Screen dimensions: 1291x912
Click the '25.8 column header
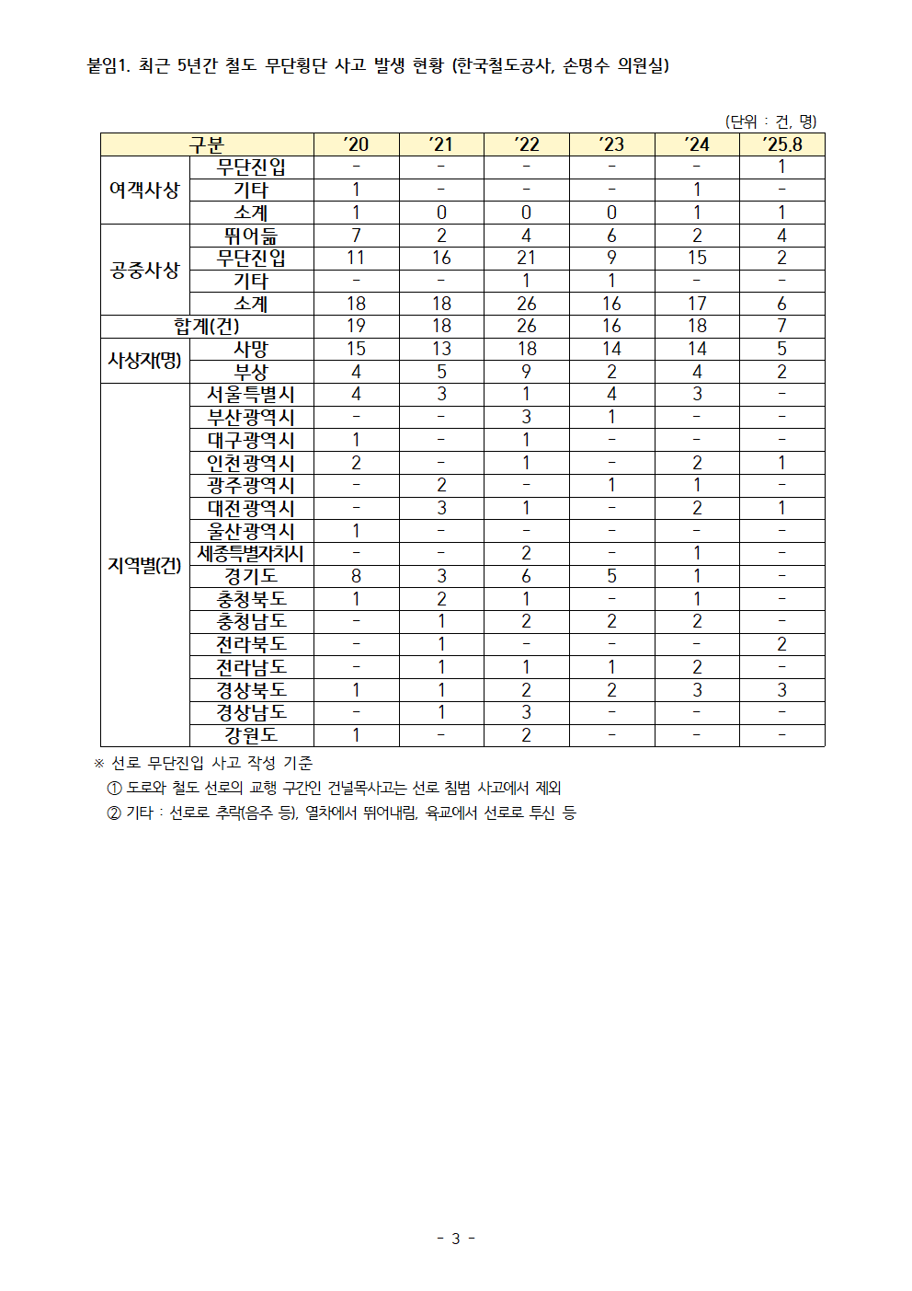[781, 144]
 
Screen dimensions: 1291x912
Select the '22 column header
[526, 144]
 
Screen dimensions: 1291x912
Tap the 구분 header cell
[207, 144]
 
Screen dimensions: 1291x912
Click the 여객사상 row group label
[144, 190]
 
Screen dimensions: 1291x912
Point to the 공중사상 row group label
[144, 270]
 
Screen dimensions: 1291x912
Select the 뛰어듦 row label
[251, 236]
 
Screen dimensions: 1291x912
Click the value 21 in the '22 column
[526, 259]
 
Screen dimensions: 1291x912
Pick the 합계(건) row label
[207, 327]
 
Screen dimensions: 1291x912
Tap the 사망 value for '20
[356, 349]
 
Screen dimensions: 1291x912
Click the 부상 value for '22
[526, 372]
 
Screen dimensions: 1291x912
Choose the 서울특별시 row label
[251, 394]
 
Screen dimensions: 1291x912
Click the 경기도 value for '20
[356, 576]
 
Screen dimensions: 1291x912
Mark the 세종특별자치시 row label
[251, 553]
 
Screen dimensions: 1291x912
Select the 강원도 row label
[251, 735]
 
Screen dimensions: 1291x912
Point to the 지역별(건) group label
[144, 565]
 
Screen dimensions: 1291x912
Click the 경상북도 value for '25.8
[781, 690]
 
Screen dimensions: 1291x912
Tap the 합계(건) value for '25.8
[781, 327]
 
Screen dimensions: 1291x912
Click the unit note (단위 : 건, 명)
[770, 121]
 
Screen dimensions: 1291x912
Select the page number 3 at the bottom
[455, 1239]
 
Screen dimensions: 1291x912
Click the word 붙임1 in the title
[108, 65]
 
